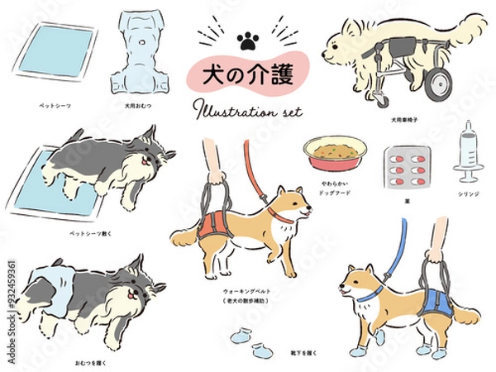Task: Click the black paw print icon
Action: [x=246, y=39]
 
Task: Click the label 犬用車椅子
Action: [x=408, y=119]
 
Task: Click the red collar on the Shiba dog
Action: [x=282, y=217]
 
